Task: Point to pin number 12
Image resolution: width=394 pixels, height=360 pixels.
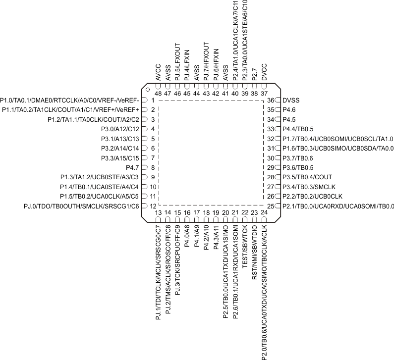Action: click(153, 206)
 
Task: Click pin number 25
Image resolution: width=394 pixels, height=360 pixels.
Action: click(271, 206)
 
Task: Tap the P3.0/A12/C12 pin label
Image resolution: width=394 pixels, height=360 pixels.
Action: click(119, 129)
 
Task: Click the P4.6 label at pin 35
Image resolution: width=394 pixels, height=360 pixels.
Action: click(289, 110)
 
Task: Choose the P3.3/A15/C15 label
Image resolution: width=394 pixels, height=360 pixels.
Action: click(119, 158)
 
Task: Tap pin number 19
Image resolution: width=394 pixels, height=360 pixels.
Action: click(216, 213)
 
